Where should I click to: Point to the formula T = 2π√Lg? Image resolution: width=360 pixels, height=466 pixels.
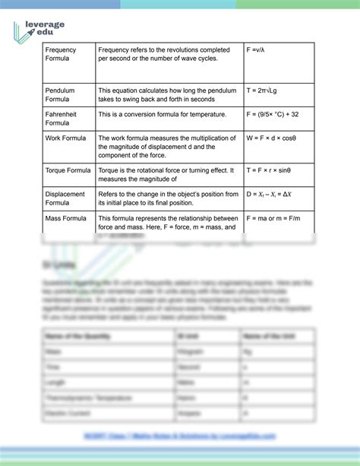click(266, 90)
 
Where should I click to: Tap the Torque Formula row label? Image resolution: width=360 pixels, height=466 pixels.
click(68, 170)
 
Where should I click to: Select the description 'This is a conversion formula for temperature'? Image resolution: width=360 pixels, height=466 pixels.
click(162, 114)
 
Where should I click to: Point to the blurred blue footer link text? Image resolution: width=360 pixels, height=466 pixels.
click(179, 436)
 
